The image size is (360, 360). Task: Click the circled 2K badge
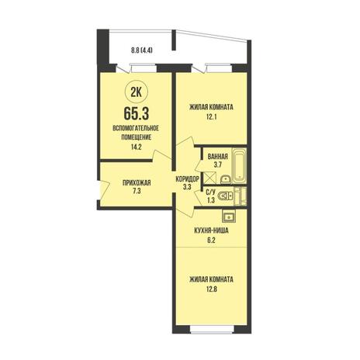click(x=137, y=92)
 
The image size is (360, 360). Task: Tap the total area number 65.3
click(x=137, y=114)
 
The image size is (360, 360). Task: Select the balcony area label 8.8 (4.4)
click(x=141, y=50)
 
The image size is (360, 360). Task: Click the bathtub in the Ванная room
click(x=239, y=165)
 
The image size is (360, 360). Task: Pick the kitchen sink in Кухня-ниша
click(x=229, y=216)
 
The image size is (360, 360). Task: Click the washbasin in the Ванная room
click(x=226, y=179)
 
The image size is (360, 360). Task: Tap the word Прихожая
click(x=137, y=183)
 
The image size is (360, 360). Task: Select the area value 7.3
click(x=137, y=192)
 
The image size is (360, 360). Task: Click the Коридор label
click(x=187, y=178)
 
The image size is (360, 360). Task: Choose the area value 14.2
click(x=137, y=147)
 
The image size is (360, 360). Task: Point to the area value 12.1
click(x=211, y=117)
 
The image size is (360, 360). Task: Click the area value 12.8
click(x=211, y=289)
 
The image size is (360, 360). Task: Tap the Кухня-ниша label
click(x=211, y=230)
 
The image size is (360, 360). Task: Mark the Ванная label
click(x=218, y=157)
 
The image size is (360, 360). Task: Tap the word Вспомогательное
click(x=136, y=128)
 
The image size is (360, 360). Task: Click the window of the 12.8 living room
click(x=213, y=329)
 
